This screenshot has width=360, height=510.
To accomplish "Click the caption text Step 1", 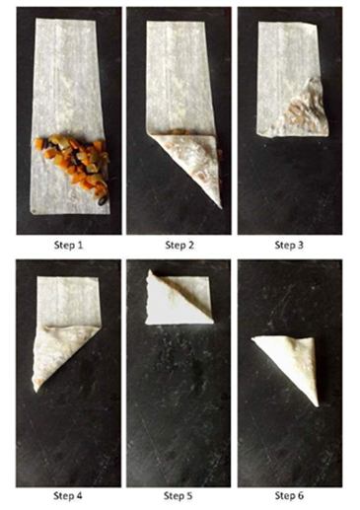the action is coord(68,246).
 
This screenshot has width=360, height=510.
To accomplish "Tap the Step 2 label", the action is coord(180,246).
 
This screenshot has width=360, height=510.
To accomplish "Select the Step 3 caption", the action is coord(289,246).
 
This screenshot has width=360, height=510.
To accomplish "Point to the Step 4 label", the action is coord(68,495).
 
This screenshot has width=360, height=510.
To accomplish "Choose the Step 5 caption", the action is coord(178,495).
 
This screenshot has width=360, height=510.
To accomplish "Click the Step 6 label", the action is coord(289,495).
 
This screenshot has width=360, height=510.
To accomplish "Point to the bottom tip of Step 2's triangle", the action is coord(220,208).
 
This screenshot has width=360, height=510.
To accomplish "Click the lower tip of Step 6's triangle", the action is coord(317,406).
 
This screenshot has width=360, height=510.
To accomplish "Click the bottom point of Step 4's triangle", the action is coord(36,392).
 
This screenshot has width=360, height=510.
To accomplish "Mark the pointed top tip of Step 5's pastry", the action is coord(150,271).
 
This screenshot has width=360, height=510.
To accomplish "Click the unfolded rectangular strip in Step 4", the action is coord(68,301).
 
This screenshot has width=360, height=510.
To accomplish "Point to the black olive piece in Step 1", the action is coord(103,200).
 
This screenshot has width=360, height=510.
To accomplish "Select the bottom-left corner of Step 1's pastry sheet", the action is coord(31,213).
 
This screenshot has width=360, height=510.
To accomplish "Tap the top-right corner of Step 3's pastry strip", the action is coord(316,23).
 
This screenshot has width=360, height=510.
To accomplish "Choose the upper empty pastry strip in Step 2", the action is coord(180,77).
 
